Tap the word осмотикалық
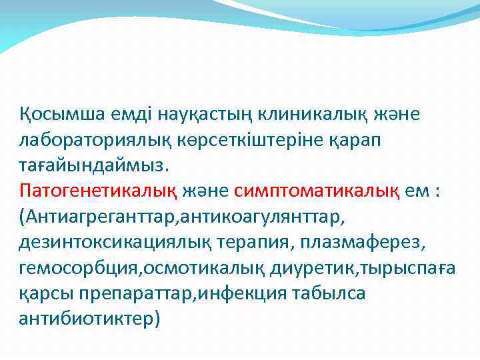tap(187, 268)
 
